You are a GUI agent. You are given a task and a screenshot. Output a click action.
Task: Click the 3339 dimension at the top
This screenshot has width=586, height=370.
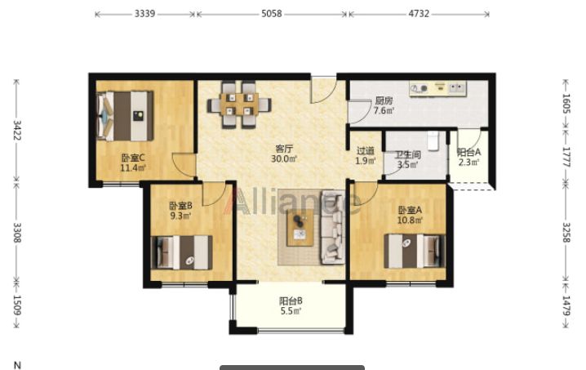pyautogui.click(x=144, y=14)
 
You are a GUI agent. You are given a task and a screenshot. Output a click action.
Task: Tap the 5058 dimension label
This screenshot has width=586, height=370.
pyautogui.click(x=272, y=14)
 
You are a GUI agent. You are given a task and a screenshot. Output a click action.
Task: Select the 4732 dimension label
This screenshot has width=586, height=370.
pyautogui.click(x=419, y=14)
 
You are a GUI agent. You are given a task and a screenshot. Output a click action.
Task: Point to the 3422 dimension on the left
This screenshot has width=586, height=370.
pyautogui.click(x=17, y=130)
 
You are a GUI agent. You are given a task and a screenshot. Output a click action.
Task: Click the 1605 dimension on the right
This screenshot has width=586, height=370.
pyautogui.click(x=566, y=104)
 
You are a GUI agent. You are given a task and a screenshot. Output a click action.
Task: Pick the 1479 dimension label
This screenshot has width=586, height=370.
pyautogui.click(x=566, y=306)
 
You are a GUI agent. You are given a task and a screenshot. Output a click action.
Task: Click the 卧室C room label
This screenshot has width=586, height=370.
pyautogui.click(x=133, y=158)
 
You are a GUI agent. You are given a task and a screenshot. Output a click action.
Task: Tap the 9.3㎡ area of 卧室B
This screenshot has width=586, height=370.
pyautogui.click(x=181, y=216)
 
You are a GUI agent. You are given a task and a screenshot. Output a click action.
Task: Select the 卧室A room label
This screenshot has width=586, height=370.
pyautogui.click(x=410, y=210)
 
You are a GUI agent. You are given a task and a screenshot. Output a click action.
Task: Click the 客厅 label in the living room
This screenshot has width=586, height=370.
pyautogui.click(x=284, y=149)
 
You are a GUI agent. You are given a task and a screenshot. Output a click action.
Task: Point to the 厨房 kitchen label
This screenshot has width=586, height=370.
pyautogui.click(x=384, y=101)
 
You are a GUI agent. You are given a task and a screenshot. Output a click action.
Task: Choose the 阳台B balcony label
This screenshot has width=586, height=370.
pyautogui.click(x=291, y=301)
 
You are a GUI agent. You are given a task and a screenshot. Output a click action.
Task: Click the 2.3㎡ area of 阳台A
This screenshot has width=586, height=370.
pyautogui.click(x=468, y=163)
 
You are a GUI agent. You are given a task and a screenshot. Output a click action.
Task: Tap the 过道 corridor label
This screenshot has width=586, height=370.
pyautogui.click(x=365, y=151)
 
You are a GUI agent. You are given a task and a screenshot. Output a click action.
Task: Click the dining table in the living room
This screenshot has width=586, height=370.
pyautogui.click(x=240, y=105)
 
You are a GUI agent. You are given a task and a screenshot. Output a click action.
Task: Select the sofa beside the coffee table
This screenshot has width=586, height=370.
pyautogui.click(x=333, y=227)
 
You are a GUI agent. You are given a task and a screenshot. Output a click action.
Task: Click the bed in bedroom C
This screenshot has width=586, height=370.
pyautogui.click(x=125, y=116)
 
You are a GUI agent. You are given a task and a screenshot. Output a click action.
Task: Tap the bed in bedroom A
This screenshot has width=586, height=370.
pyautogui.click(x=415, y=251)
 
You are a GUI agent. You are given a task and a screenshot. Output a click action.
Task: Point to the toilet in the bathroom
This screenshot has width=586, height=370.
pyautogui.click(x=433, y=140)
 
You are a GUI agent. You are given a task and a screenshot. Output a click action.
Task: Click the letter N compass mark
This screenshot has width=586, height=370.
pyautogui.click(x=17, y=365)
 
